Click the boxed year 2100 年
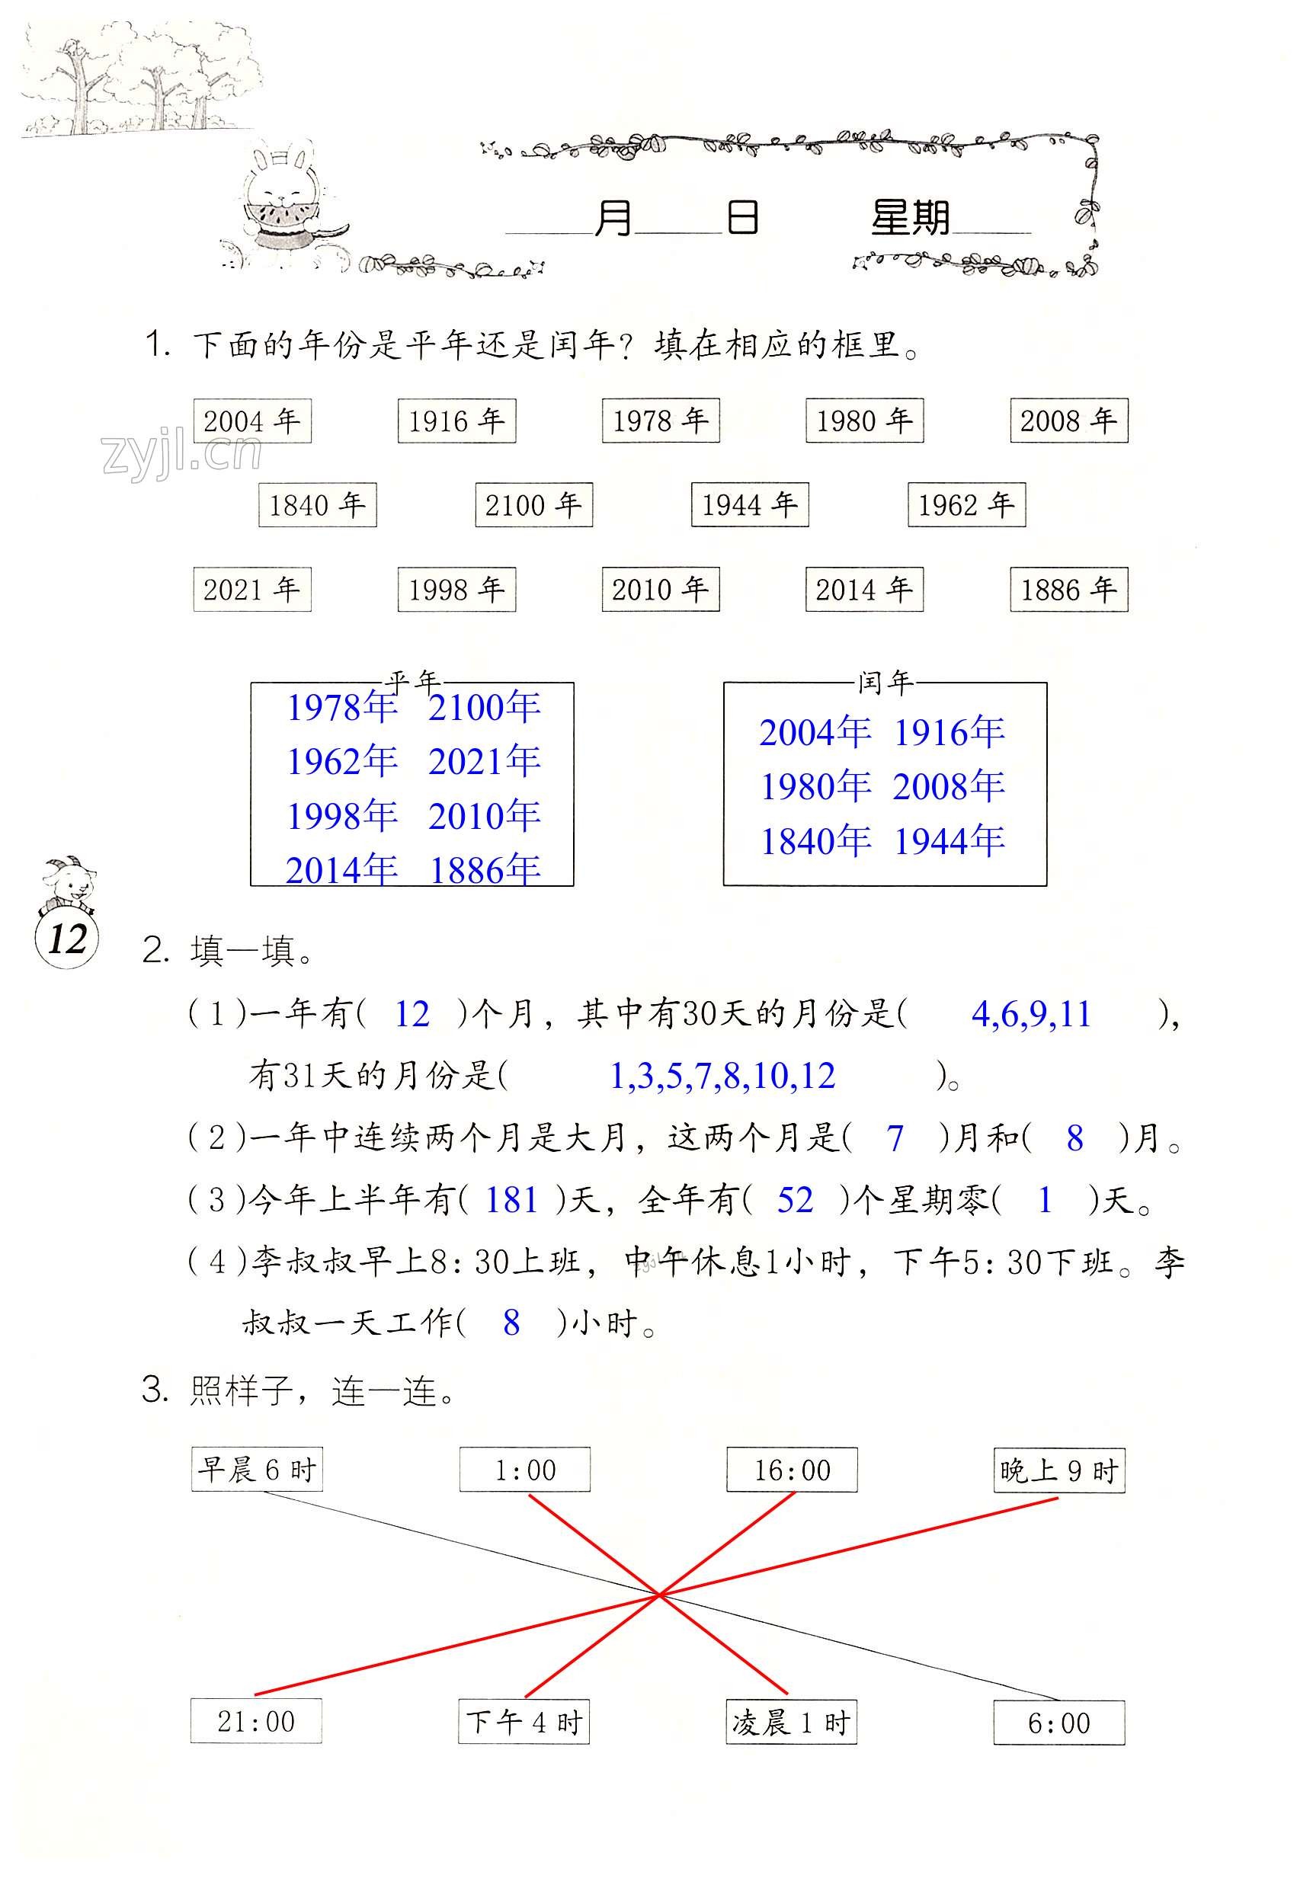point(533,504)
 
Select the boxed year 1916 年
point(456,421)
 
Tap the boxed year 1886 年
point(1068,589)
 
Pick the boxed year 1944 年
point(749,504)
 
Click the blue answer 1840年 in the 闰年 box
point(815,841)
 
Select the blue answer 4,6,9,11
point(1031,1014)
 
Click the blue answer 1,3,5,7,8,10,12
point(722,1076)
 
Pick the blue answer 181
point(511,1200)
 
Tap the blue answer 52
point(794,1200)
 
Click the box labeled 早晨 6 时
point(257,1470)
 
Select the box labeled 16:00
point(792,1470)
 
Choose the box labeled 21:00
point(256,1722)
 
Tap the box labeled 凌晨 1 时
point(791,1723)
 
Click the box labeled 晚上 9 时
point(1058,1470)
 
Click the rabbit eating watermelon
point(280,204)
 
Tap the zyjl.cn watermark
point(181,454)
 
